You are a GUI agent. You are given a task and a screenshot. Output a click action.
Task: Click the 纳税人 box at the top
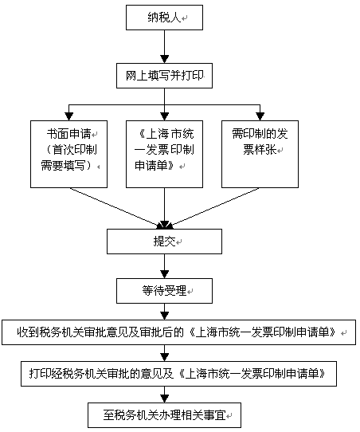point(164,18)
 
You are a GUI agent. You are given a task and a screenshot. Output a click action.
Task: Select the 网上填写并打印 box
point(164,76)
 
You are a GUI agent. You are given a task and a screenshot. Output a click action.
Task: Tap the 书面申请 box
point(68,154)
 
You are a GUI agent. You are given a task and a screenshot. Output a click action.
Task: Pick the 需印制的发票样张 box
point(260,154)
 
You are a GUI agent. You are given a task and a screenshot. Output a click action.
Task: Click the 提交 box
point(164,242)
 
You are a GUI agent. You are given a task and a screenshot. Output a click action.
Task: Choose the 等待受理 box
point(164,291)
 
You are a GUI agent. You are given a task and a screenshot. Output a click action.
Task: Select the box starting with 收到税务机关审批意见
point(179,332)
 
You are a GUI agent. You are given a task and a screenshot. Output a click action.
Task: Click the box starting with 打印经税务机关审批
point(179,374)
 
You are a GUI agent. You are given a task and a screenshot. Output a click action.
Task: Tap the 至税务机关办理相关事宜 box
point(164,415)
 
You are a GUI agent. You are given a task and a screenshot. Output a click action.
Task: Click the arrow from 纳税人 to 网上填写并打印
point(164,46)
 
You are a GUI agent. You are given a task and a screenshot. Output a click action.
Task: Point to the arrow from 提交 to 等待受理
point(164,266)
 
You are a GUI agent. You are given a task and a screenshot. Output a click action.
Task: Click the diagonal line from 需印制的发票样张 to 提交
point(212,208)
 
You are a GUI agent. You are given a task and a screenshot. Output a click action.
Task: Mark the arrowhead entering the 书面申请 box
point(68,116)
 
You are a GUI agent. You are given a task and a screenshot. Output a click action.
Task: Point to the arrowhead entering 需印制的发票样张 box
point(260,116)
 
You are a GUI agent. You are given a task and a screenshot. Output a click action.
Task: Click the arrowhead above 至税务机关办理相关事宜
point(164,399)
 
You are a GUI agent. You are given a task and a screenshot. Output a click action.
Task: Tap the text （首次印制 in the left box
point(70,150)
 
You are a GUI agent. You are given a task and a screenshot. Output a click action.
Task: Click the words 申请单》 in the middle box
point(155,166)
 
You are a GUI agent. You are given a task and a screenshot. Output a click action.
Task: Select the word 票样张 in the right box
point(260,150)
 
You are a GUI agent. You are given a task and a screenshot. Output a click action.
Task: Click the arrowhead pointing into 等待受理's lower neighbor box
point(164,316)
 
